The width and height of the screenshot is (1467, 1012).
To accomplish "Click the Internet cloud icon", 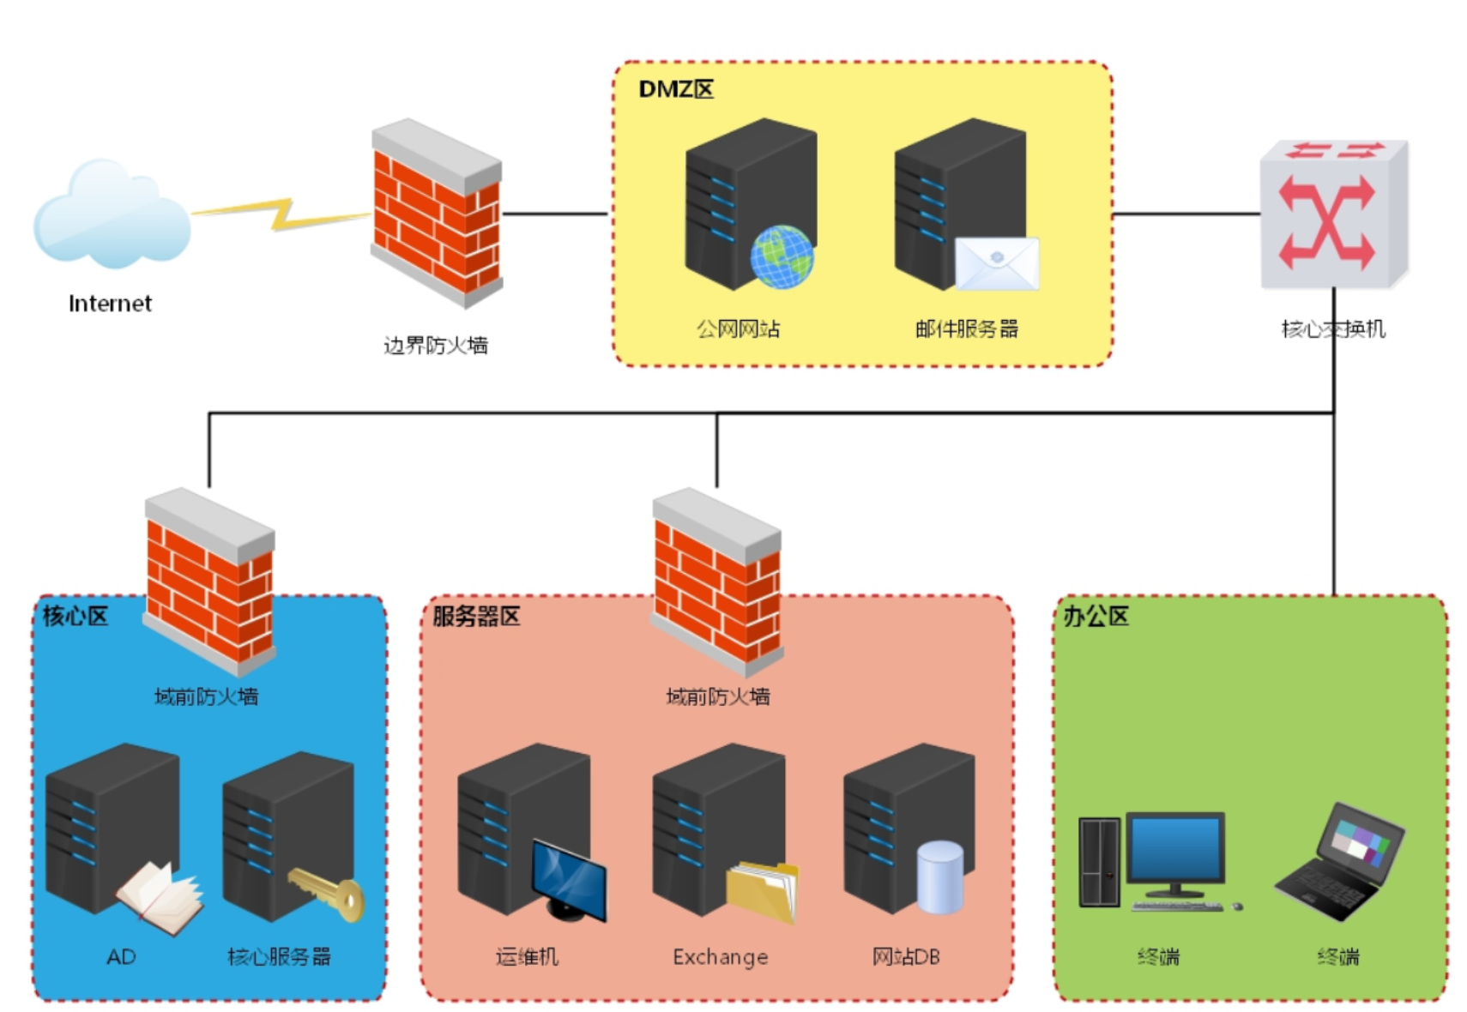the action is [112, 214].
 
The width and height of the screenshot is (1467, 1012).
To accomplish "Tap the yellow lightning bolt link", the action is [281, 214].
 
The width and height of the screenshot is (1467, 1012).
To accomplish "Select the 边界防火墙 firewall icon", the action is [437, 213].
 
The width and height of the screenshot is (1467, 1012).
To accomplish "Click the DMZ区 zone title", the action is [676, 89].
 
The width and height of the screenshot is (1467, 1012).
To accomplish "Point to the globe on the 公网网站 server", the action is [782, 257].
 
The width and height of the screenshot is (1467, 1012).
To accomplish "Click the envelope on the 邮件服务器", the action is [997, 263].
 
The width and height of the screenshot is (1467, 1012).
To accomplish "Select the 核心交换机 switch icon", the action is [1334, 214].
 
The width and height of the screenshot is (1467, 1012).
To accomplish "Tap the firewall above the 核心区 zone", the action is [209, 582].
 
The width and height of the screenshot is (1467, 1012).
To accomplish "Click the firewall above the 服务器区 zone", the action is [717, 582].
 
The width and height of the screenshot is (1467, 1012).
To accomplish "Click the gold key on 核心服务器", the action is [326, 892].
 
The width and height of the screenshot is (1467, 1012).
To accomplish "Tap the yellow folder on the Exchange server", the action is [763, 892].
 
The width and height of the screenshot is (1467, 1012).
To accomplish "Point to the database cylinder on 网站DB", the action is [939, 877].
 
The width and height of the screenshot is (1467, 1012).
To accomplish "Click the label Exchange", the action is [721, 957].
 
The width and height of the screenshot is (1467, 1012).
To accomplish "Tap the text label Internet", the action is [110, 303].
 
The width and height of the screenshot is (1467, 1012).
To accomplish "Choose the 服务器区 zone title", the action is [476, 616].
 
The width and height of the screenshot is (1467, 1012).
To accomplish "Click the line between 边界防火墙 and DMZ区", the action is [555, 214].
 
